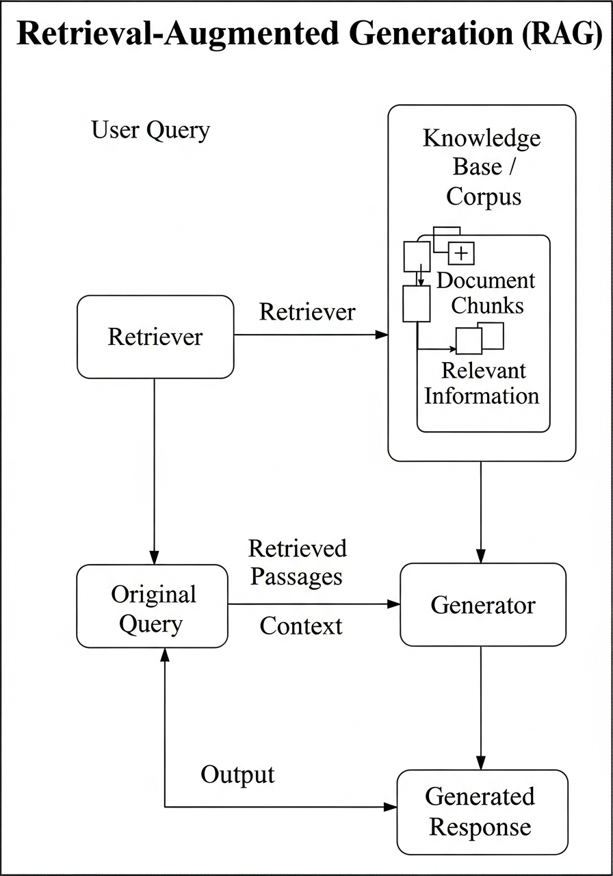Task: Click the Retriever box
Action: (155, 337)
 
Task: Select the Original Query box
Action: (152, 606)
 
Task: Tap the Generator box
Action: (482, 605)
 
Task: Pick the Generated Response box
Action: (482, 812)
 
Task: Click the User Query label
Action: (151, 129)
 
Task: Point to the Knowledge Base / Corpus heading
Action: (482, 167)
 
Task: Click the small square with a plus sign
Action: (462, 253)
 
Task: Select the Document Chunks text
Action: (486, 293)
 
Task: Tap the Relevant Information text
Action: (482, 383)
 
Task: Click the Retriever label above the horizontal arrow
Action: (307, 312)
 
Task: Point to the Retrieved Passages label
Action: (297, 562)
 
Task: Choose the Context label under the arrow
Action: (301, 626)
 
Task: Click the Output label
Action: (237, 774)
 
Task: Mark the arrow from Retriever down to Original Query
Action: (155, 472)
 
